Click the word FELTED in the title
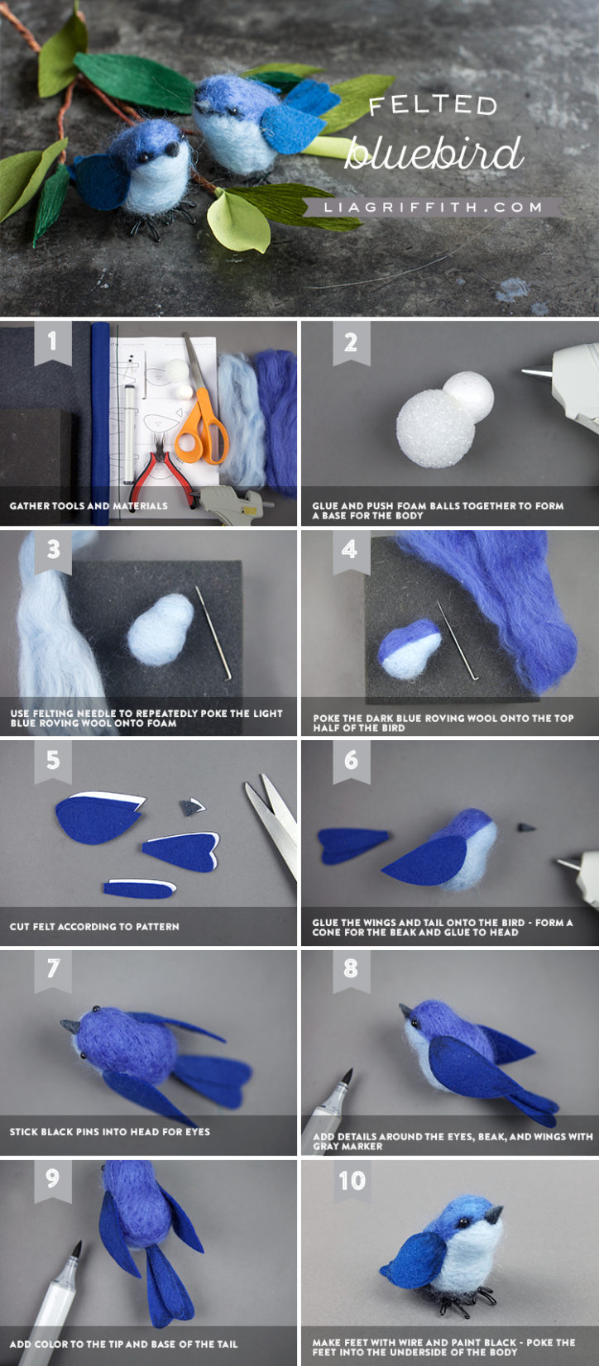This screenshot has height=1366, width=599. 432,105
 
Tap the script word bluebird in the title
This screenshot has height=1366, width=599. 434,154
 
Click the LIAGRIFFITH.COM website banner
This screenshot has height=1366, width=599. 432,207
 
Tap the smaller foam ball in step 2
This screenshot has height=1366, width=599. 468,394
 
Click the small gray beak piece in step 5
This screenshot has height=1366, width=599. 193,806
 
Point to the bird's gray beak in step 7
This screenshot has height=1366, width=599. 69,1026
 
